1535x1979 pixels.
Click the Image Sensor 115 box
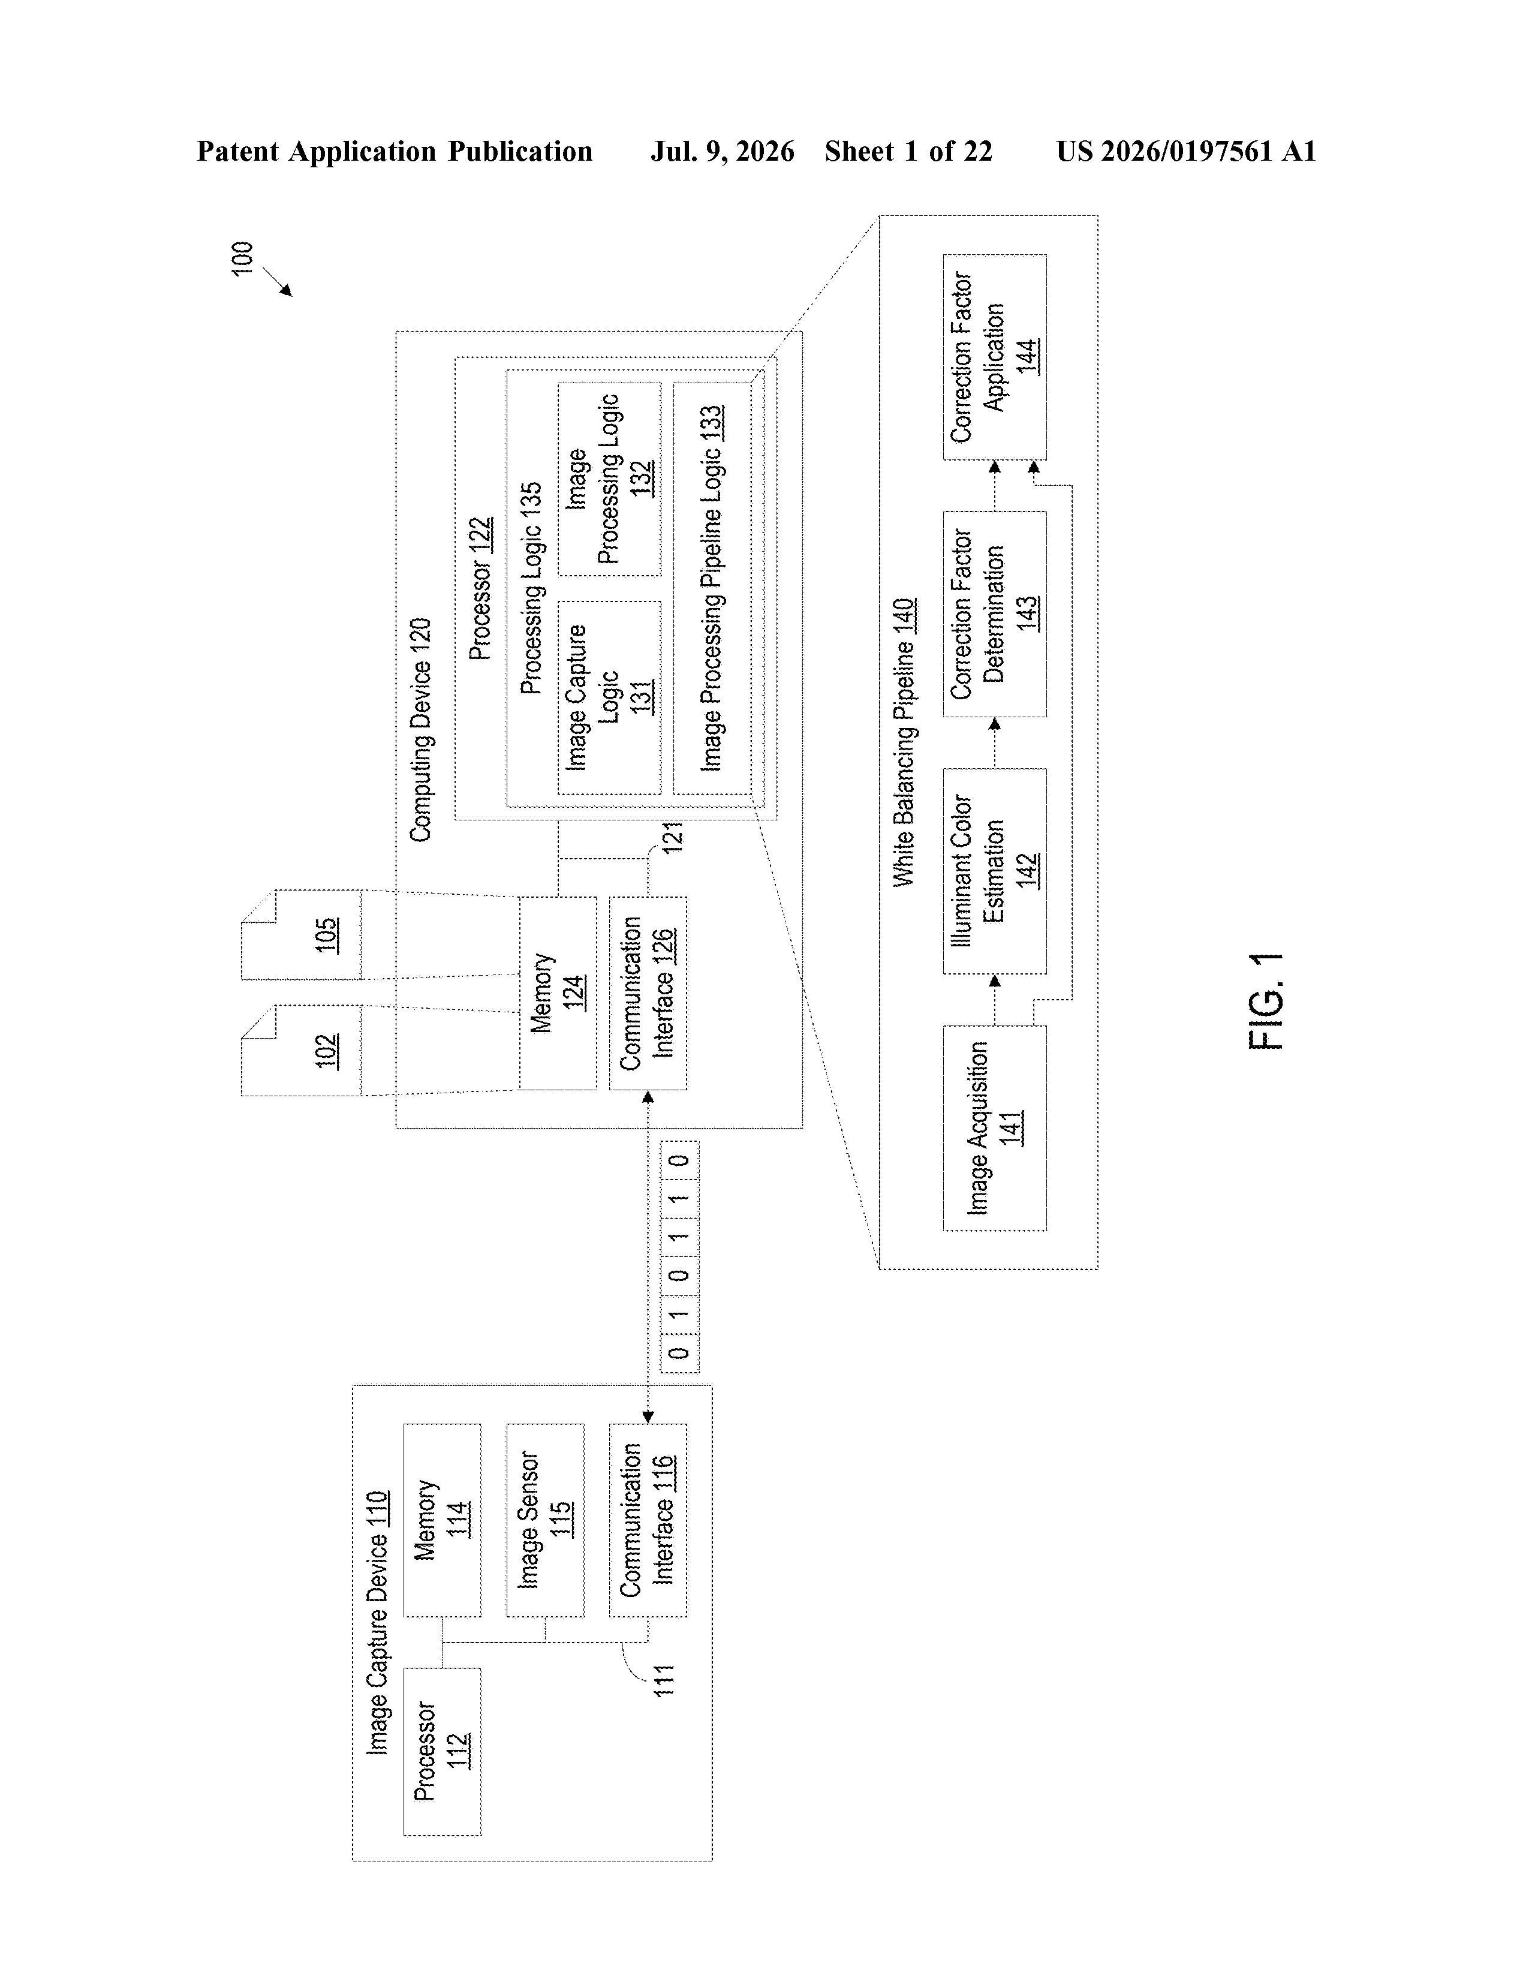pyautogui.click(x=544, y=1520)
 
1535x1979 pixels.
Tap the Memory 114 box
pyautogui.click(x=442, y=1520)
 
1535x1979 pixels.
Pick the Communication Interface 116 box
pyautogui.click(x=648, y=1520)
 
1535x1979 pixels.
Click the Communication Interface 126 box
pyautogui.click(x=648, y=993)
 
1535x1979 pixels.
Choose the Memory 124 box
pyautogui.click(x=557, y=993)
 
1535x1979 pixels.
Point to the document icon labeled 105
pyautogui.click(x=301, y=934)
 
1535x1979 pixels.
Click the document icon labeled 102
pyautogui.click(x=301, y=1050)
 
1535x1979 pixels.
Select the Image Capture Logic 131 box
pyautogui.click(x=609, y=697)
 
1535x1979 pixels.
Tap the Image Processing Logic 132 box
pyautogui.click(x=609, y=479)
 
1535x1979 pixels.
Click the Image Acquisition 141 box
pyautogui.click(x=995, y=1128)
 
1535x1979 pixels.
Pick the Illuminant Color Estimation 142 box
pyautogui.click(x=995, y=871)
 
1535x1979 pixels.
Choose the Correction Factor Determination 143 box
pyautogui.click(x=995, y=614)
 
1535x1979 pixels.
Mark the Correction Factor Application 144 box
pyautogui.click(x=995, y=357)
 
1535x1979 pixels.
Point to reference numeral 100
pyautogui.click(x=243, y=258)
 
